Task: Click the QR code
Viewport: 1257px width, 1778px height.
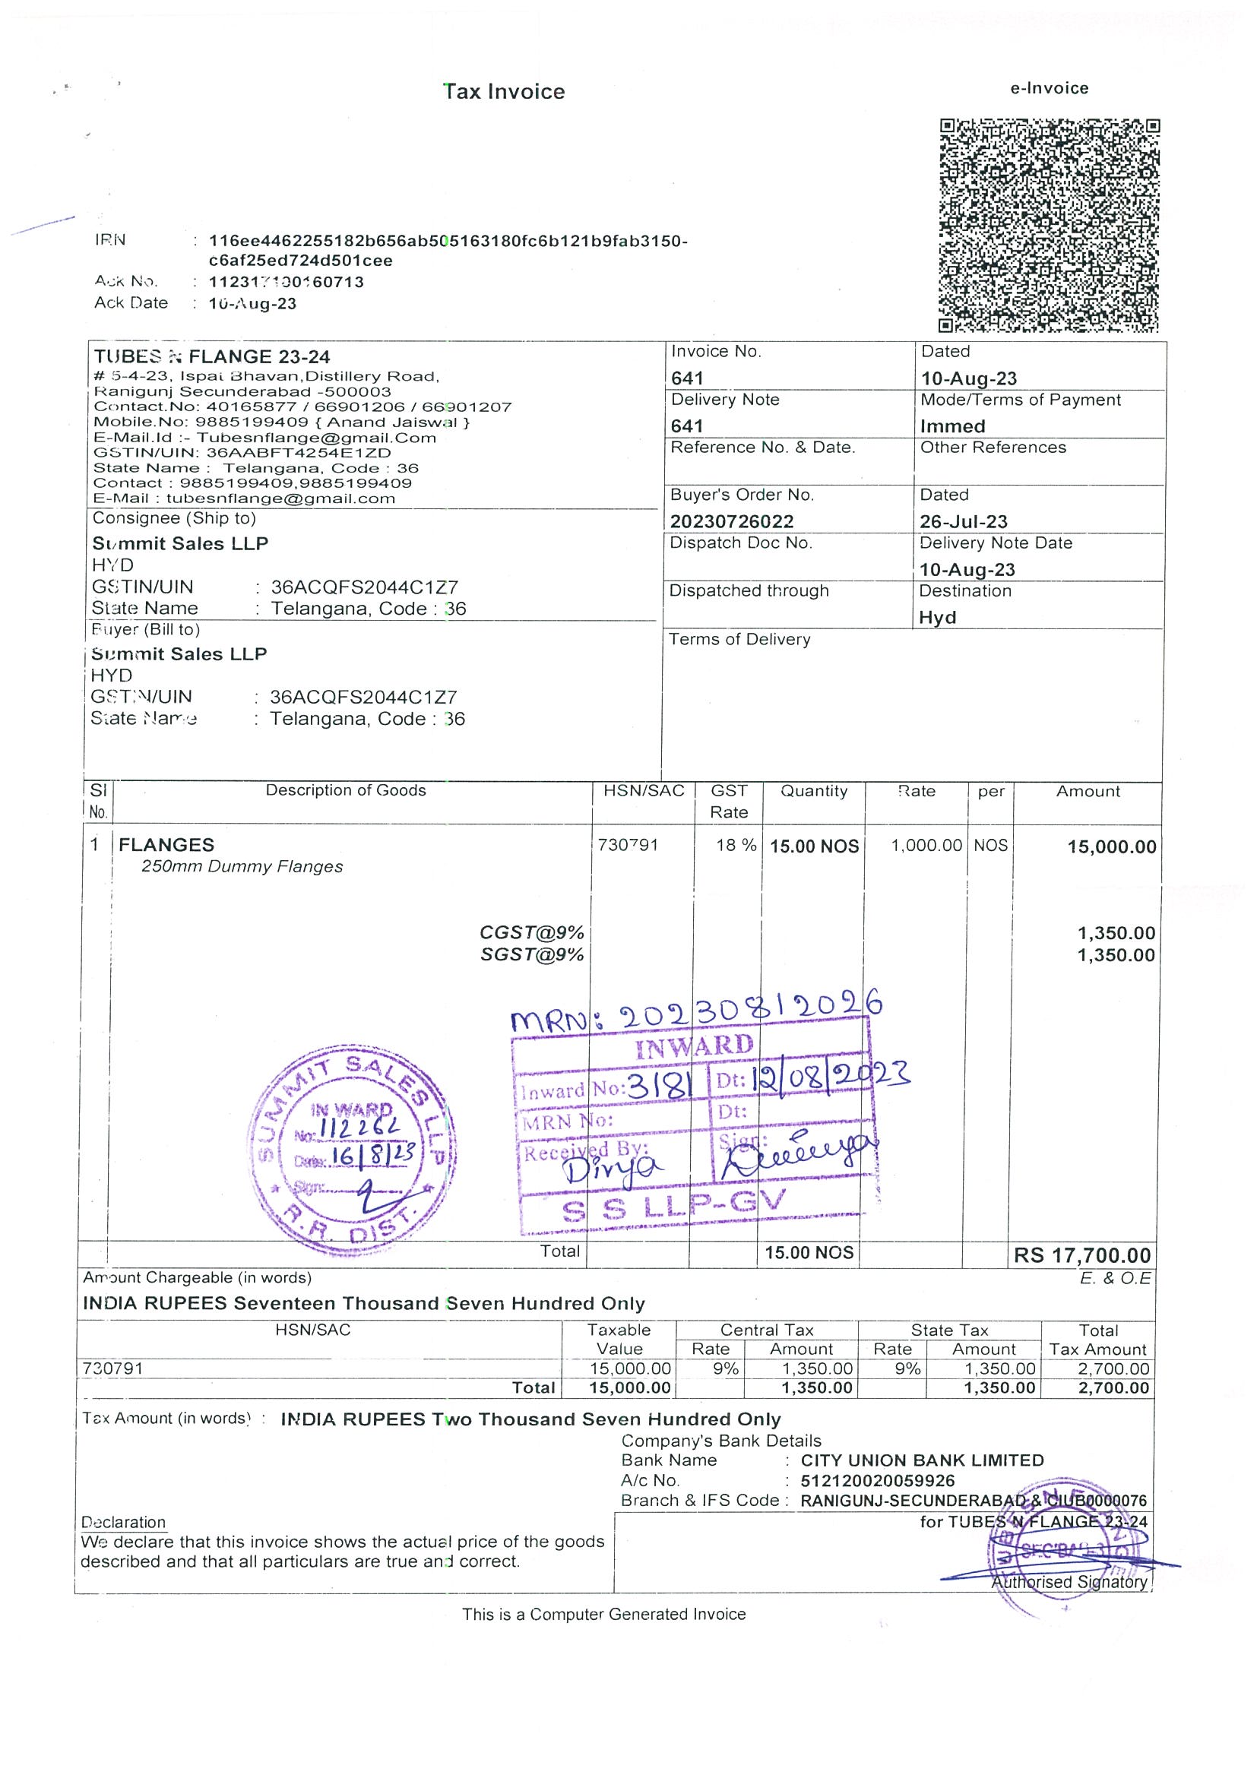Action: tap(1049, 226)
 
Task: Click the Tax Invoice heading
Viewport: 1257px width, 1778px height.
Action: tap(504, 92)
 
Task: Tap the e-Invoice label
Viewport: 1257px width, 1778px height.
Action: tap(1049, 88)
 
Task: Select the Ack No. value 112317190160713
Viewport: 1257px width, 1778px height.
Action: tap(287, 282)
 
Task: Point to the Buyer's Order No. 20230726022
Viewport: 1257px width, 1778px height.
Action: tap(732, 521)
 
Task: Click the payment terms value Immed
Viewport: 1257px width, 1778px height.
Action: tap(952, 426)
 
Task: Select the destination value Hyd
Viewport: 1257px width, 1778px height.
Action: tap(937, 617)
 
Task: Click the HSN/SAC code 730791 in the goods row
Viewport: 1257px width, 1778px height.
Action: tap(627, 845)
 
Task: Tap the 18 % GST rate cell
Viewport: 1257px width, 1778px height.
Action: tap(736, 845)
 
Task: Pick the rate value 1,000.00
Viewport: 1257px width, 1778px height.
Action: tap(926, 846)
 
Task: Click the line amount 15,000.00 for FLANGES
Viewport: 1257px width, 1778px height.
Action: tap(1111, 846)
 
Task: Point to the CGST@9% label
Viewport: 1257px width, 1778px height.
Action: tap(531, 932)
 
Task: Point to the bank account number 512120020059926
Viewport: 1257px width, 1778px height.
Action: tap(878, 1481)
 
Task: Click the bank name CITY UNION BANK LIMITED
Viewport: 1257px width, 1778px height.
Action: tap(922, 1460)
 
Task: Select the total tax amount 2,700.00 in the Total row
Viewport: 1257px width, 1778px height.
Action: tap(1113, 1387)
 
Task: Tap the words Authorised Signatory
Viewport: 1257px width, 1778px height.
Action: tap(1069, 1582)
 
